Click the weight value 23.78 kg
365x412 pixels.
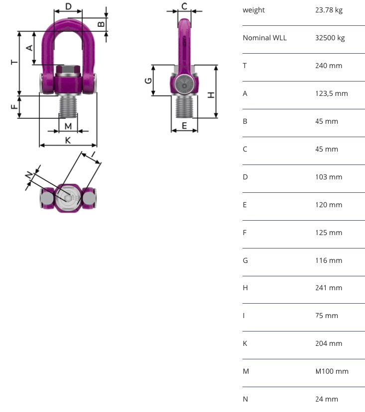pyautogui.click(x=329, y=10)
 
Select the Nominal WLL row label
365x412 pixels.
pyautogui.click(x=265, y=38)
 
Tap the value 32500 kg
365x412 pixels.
pyautogui.click(x=330, y=38)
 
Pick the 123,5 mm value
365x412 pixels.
pyautogui.click(x=332, y=93)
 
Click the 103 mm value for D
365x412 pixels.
pyautogui.click(x=329, y=177)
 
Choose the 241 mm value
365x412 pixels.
pyautogui.click(x=329, y=288)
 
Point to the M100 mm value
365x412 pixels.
pyautogui.click(x=332, y=371)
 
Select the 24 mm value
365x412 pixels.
pyautogui.click(x=327, y=399)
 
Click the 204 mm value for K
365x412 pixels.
pyautogui.click(x=329, y=343)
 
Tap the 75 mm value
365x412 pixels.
pyautogui.click(x=327, y=316)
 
